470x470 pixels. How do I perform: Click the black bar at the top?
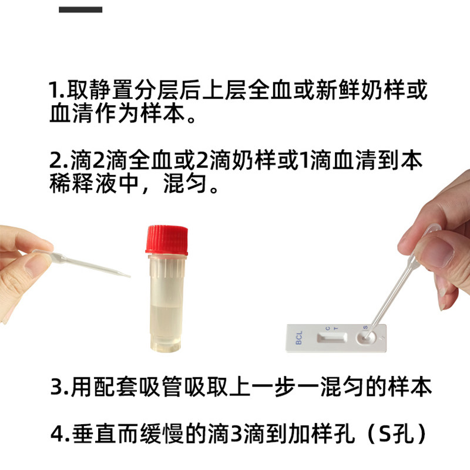pos(80,9)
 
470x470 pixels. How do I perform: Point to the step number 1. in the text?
pos(57,92)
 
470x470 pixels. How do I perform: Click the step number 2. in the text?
pos(57,161)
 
